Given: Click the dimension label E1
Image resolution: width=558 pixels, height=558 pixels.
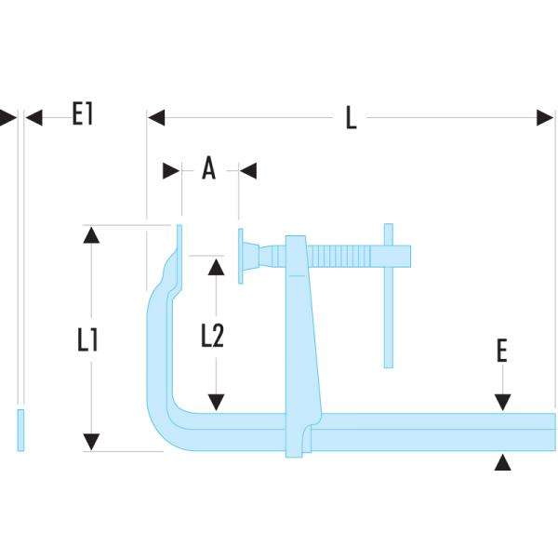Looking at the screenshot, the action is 83,115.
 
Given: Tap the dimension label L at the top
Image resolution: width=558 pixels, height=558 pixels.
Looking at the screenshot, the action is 351,119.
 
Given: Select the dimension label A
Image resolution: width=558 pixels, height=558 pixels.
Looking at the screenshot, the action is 208,169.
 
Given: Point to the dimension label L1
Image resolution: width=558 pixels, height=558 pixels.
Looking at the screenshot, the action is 88,340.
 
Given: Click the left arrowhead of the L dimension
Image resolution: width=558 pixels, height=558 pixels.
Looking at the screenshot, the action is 156,117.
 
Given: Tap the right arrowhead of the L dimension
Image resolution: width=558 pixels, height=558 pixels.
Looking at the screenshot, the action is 546,117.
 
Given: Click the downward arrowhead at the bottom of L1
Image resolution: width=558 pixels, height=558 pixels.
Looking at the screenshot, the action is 90,442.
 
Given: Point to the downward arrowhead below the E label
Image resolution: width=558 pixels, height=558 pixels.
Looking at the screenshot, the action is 502,402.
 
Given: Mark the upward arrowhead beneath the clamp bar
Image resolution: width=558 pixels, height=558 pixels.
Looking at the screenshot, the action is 502,462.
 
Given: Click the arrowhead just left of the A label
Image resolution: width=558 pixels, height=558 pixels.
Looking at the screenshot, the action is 172,170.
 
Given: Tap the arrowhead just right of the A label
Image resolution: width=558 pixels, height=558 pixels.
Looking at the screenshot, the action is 247,170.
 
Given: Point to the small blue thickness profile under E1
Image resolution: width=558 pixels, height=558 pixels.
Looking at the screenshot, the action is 20,430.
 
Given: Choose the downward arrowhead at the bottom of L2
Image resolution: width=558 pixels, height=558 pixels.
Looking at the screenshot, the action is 217,401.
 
